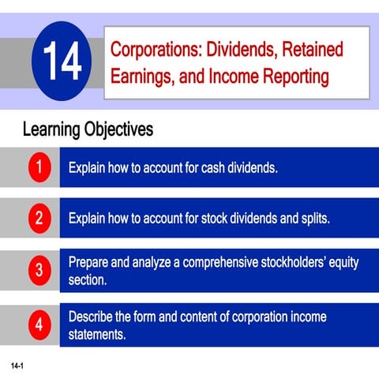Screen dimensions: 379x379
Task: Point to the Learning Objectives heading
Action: tap(88, 129)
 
